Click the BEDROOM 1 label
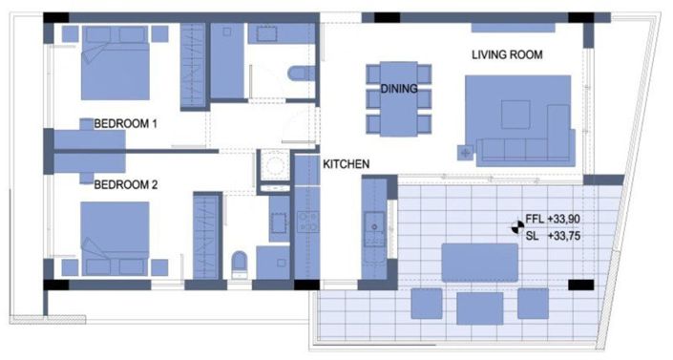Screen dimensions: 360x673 [125, 123]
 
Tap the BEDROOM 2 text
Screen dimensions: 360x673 [125, 185]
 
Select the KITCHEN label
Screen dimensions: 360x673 [346, 165]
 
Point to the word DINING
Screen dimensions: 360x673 [399, 89]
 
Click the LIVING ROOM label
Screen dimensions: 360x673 [507, 55]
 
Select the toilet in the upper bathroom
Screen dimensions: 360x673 [299, 74]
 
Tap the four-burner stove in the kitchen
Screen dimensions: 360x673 [307, 222]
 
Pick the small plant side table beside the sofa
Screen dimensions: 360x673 [467, 151]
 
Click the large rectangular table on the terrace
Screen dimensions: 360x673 [480, 260]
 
